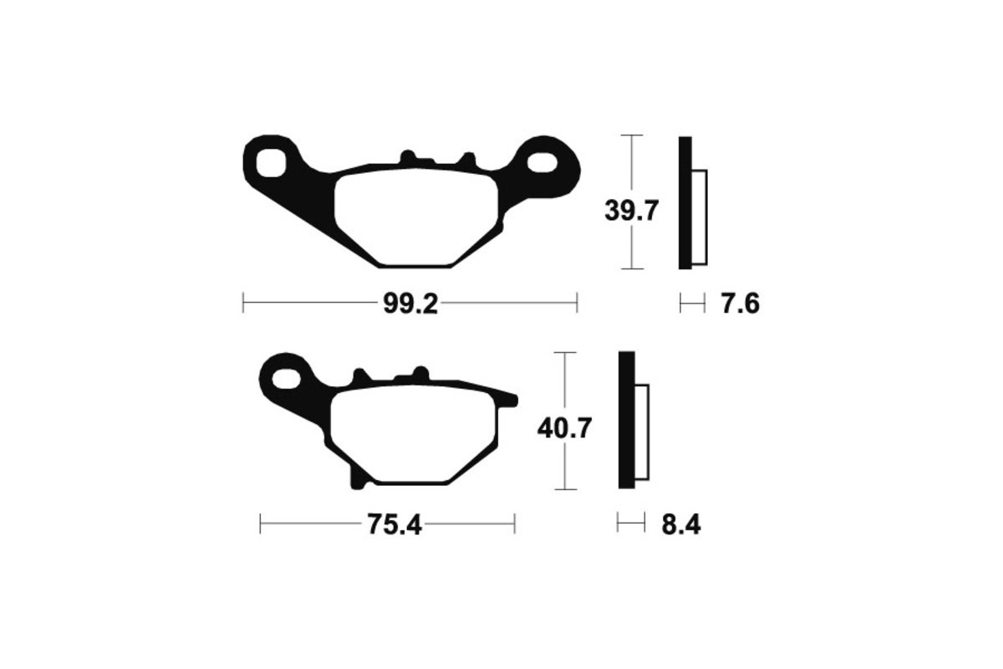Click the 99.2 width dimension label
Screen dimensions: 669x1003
tap(410, 304)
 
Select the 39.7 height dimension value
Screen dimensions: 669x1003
tap(632, 212)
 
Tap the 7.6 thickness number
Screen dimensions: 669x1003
tap(739, 304)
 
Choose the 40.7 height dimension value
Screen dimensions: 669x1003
tap(566, 429)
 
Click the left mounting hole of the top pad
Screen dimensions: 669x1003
tap(272, 162)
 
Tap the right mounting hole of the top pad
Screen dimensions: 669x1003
tap(545, 162)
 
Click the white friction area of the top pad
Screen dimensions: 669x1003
tap(415, 216)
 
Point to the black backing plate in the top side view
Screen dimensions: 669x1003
tap(685, 202)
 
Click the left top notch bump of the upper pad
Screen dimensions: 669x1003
tap(408, 158)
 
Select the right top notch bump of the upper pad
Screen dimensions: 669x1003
tap(467, 158)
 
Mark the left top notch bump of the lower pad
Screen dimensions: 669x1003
tap(361, 376)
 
